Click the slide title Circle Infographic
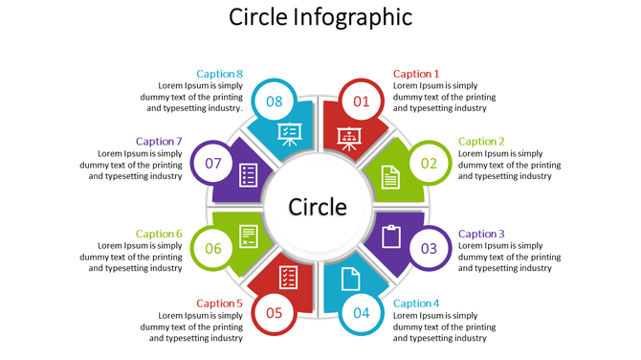click(321, 17)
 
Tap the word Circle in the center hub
click(318, 207)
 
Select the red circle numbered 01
click(362, 101)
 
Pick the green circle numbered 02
click(429, 163)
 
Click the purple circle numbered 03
click(429, 249)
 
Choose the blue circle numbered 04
click(362, 312)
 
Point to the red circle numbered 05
click(275, 312)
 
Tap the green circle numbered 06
click(212, 249)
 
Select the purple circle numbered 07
click(212, 163)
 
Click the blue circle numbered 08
click(275, 101)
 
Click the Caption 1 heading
click(416, 74)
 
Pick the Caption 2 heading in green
click(481, 142)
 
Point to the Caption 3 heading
click(481, 234)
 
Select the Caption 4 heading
click(416, 304)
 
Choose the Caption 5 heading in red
click(220, 304)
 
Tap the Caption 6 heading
click(159, 234)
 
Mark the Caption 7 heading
click(159, 142)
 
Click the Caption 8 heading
click(220, 74)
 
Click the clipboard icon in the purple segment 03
click(390, 235)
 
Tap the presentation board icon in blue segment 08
click(288, 134)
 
